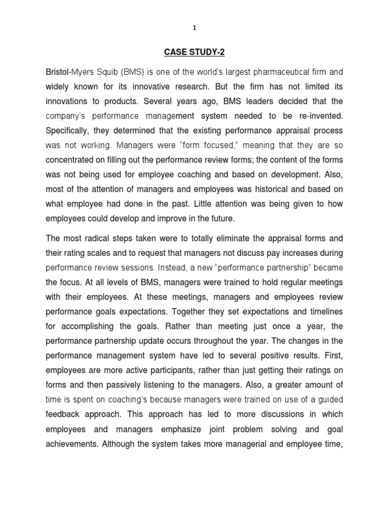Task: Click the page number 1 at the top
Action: (x=194, y=29)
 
